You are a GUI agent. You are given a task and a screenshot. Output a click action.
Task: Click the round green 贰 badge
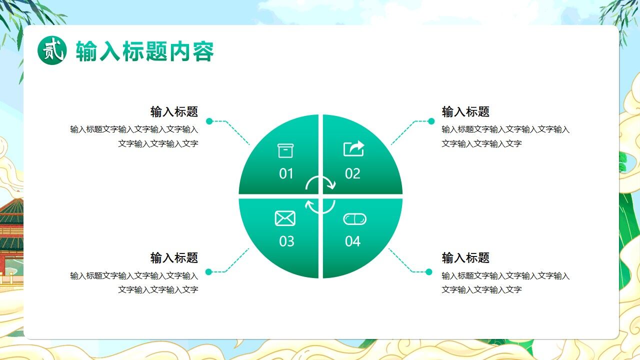(52, 50)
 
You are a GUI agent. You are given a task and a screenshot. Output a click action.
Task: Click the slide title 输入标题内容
(145, 51)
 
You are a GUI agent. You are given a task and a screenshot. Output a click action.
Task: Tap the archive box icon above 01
(285, 150)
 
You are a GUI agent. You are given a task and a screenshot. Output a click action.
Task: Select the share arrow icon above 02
(353, 148)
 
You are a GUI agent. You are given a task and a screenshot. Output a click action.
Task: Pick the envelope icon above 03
(285, 218)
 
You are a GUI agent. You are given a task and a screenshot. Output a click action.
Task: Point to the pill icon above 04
(354, 219)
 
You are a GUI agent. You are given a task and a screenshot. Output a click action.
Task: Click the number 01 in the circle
(286, 174)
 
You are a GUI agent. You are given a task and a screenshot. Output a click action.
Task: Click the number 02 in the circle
(352, 174)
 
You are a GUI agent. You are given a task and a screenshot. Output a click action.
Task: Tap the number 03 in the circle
(286, 241)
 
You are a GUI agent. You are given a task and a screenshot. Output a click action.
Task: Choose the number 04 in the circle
(352, 241)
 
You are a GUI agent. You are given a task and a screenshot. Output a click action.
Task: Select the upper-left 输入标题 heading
(174, 111)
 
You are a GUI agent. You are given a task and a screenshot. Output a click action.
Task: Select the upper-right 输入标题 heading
(465, 111)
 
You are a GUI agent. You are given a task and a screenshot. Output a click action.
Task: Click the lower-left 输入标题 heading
(174, 258)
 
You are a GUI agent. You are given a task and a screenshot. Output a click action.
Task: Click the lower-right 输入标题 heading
(465, 258)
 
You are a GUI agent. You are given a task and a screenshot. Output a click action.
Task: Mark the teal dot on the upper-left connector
(209, 121)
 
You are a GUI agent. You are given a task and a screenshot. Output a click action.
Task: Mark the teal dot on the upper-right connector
(431, 121)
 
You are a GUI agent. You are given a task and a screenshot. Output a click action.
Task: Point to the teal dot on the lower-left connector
(209, 272)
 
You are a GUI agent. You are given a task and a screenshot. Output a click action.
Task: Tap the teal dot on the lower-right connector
(428, 272)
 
